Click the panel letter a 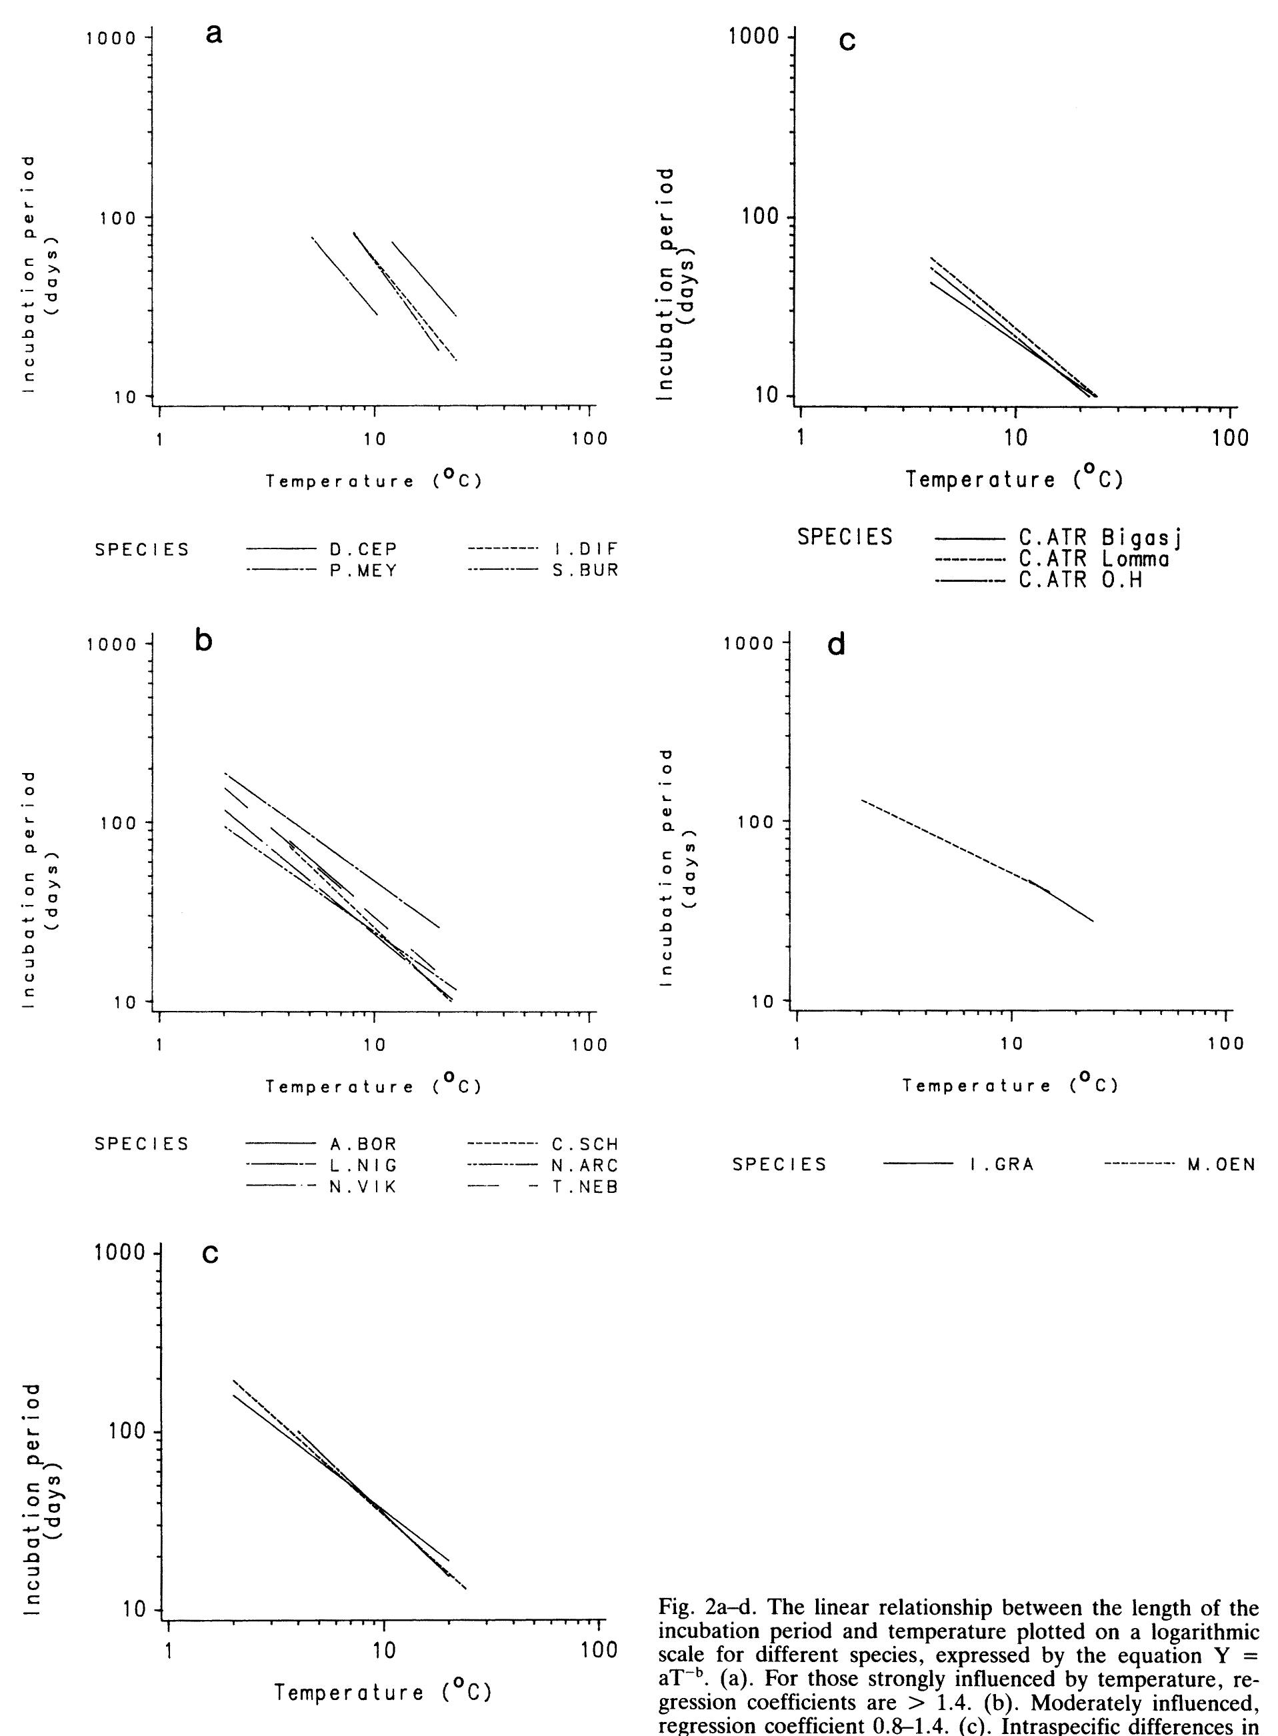coord(214,33)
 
